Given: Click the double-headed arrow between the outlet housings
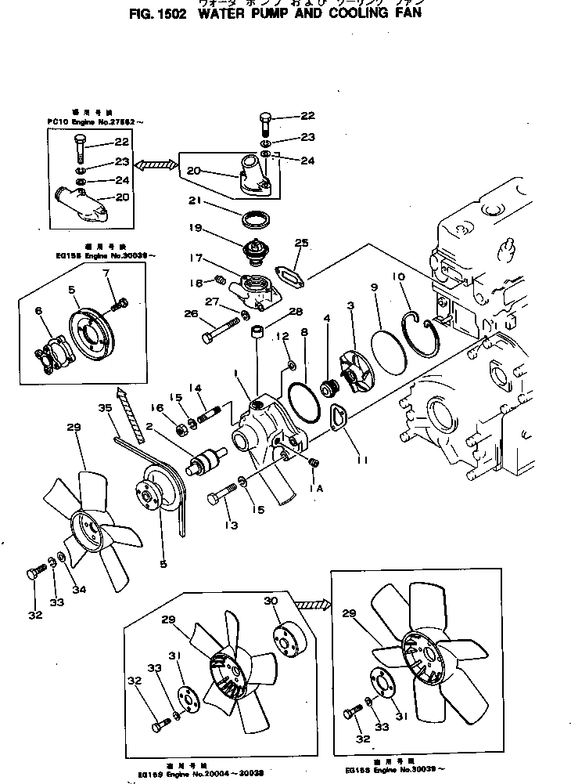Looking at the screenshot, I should click(157, 164).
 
